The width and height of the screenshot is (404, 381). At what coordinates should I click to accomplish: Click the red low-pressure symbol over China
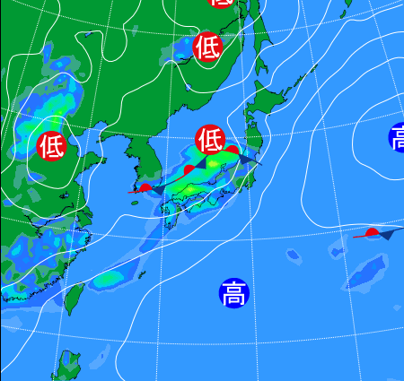(51, 143)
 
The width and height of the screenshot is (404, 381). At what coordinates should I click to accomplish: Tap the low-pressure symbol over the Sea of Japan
(209, 139)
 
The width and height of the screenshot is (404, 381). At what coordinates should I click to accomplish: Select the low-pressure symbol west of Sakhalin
(207, 45)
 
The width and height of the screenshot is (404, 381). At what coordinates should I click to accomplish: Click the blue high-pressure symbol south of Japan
(233, 292)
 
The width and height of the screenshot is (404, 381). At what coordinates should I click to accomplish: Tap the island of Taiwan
(77, 299)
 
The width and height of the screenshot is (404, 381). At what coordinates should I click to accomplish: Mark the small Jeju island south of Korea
(136, 203)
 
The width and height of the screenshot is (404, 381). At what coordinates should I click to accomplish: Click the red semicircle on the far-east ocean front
(372, 233)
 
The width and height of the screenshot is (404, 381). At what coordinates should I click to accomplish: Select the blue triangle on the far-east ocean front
(388, 235)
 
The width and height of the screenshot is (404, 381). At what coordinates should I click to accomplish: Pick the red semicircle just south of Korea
(145, 187)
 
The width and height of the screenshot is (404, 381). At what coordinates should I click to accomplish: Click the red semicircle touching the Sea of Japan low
(232, 149)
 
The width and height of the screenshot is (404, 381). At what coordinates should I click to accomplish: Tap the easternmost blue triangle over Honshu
(247, 160)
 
